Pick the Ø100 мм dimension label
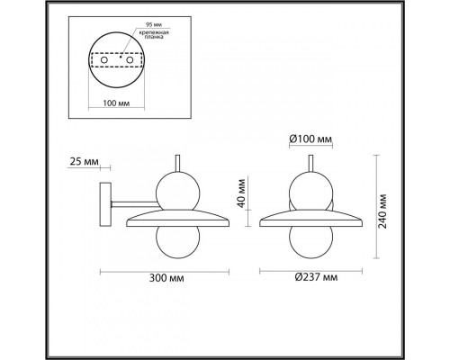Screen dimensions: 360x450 coord(310,140)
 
